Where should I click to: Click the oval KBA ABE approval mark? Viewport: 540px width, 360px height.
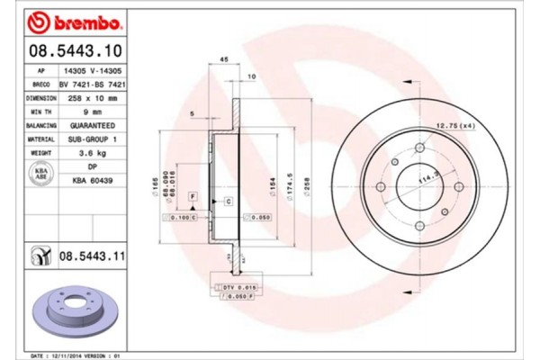pyautogui.click(x=40, y=174)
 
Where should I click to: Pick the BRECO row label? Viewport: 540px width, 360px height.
pyautogui.click(x=40, y=82)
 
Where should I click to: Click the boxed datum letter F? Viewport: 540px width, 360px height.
pyautogui.click(x=193, y=196)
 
